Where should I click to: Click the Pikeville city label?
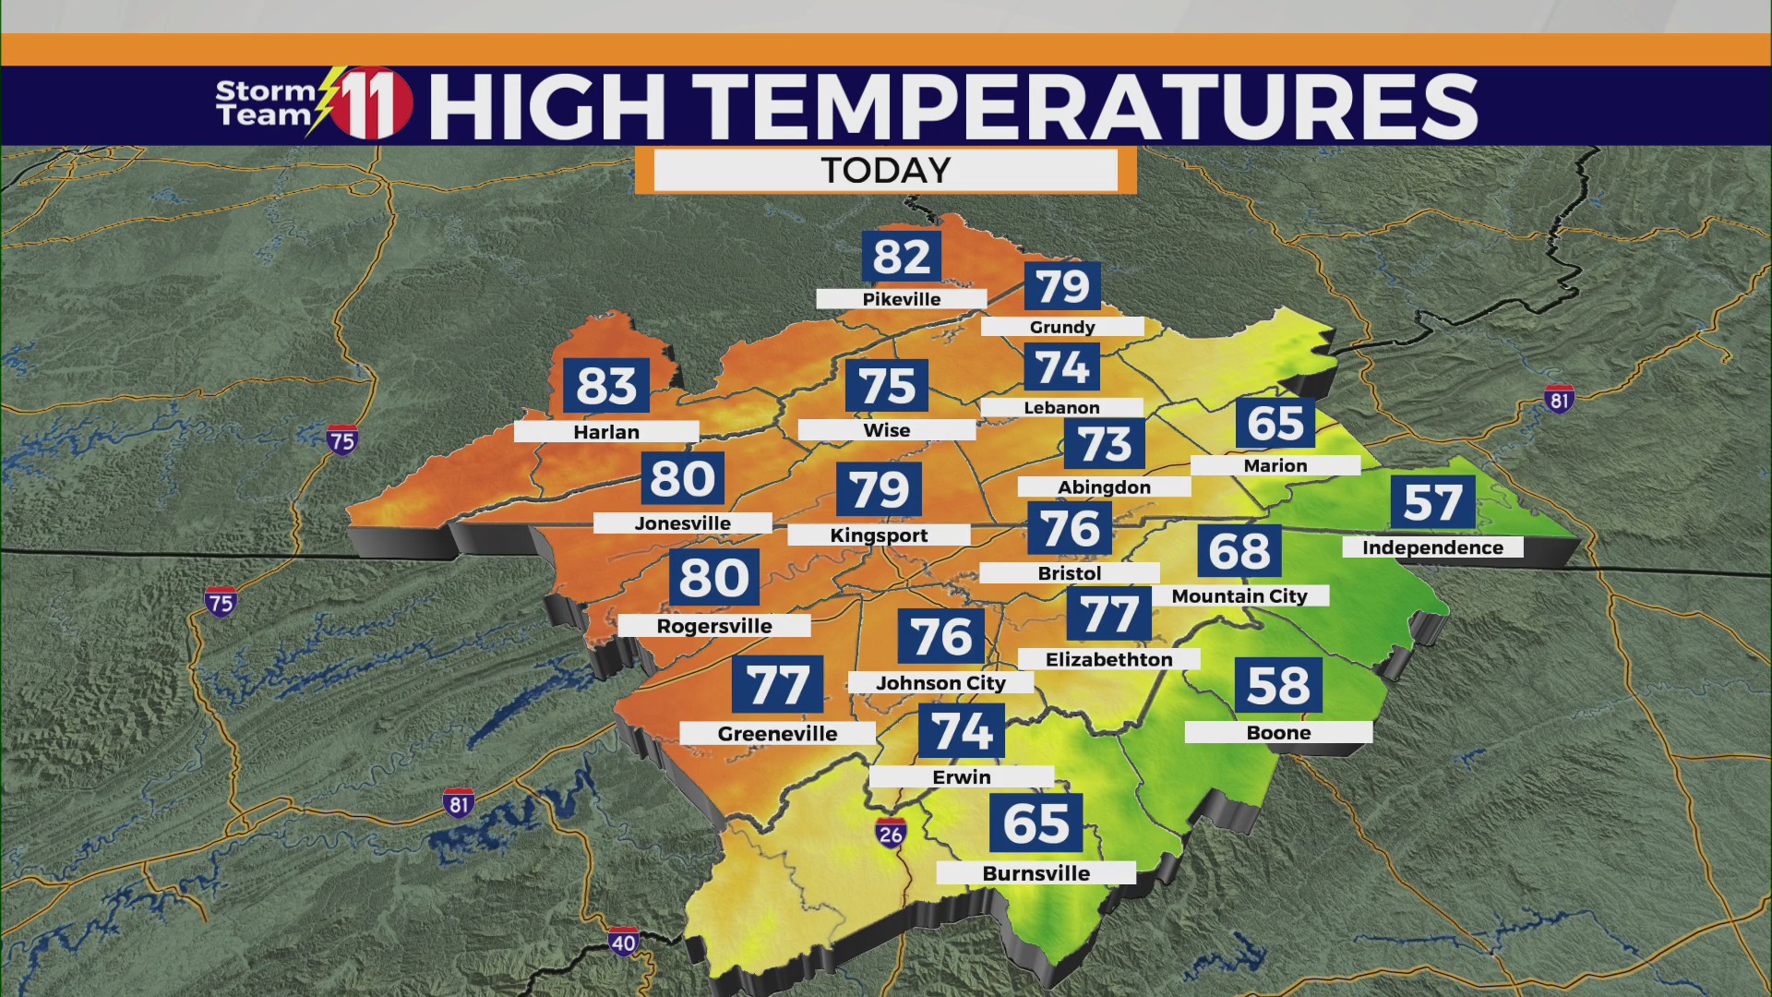click(x=901, y=299)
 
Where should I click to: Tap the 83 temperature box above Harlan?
click(x=606, y=386)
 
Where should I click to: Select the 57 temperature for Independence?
click(x=1432, y=503)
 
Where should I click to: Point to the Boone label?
click(x=1278, y=733)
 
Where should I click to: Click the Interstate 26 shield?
click(x=891, y=835)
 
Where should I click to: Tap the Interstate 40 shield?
click(x=623, y=943)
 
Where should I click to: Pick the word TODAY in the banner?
click(x=885, y=171)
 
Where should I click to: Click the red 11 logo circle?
click(x=371, y=103)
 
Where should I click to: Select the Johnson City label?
click(x=940, y=683)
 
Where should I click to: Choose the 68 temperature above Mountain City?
click(x=1239, y=551)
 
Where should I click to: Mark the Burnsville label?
click(x=1036, y=873)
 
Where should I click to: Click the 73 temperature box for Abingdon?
click(x=1105, y=445)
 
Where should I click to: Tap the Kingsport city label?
click(x=879, y=535)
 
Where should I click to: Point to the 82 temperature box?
click(x=902, y=257)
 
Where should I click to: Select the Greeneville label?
click(x=777, y=734)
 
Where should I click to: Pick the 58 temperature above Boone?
click(x=1278, y=685)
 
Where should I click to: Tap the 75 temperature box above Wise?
click(x=887, y=386)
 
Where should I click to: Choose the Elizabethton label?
click(x=1108, y=659)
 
